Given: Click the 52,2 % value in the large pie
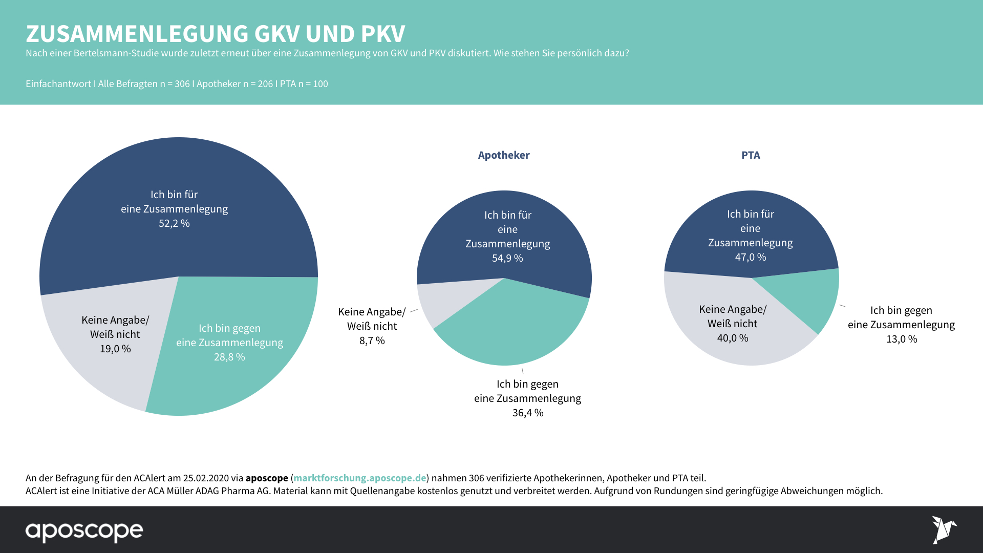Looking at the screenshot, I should [174, 223].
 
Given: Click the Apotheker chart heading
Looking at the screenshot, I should [504, 155].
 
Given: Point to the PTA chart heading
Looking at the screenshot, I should [751, 155].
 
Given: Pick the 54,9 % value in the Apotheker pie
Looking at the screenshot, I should [507, 258].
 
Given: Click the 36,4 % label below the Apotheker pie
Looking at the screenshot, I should [528, 413].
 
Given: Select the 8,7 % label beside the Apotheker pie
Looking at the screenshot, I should [372, 341].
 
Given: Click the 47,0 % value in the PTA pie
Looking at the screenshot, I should [751, 257].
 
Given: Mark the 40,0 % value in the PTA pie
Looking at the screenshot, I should [733, 338].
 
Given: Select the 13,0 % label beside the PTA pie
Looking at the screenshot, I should [902, 339].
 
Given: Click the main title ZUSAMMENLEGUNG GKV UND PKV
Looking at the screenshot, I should [216, 34].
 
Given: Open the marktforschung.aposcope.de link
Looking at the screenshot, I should [359, 478].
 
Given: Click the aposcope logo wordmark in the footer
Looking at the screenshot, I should [84, 531].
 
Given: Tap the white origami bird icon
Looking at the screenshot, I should [943, 529].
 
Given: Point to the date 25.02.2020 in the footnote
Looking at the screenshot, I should [206, 478].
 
